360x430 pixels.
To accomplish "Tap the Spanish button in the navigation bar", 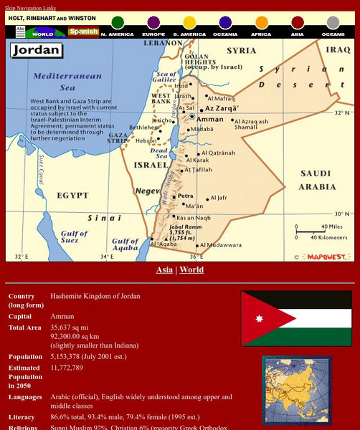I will [83, 32].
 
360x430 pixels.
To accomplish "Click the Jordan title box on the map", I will [35, 51].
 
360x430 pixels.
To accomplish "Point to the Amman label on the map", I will [209, 119].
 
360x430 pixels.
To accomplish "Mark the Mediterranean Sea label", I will [59, 81].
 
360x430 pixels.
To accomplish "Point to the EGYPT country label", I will [72, 195].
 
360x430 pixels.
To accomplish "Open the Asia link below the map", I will [164, 270].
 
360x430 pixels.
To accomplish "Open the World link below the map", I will [191, 270].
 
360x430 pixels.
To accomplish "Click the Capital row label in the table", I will [21, 316].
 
